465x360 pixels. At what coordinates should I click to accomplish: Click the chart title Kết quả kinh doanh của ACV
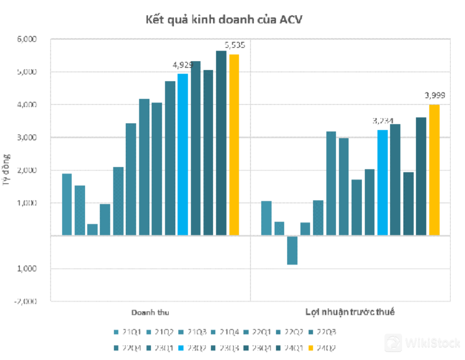tap(227, 20)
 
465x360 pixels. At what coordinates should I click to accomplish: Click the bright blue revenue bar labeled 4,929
tap(182, 154)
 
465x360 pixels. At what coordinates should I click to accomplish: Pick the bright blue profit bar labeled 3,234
tap(383, 182)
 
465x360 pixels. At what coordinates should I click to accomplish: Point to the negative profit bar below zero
tap(292, 250)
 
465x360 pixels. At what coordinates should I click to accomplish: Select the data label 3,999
tap(435, 96)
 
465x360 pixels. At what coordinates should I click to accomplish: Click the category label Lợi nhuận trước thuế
tap(350, 312)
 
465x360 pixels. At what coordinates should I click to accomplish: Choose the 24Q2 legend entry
tap(326, 348)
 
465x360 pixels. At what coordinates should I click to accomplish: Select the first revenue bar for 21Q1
tap(67, 204)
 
